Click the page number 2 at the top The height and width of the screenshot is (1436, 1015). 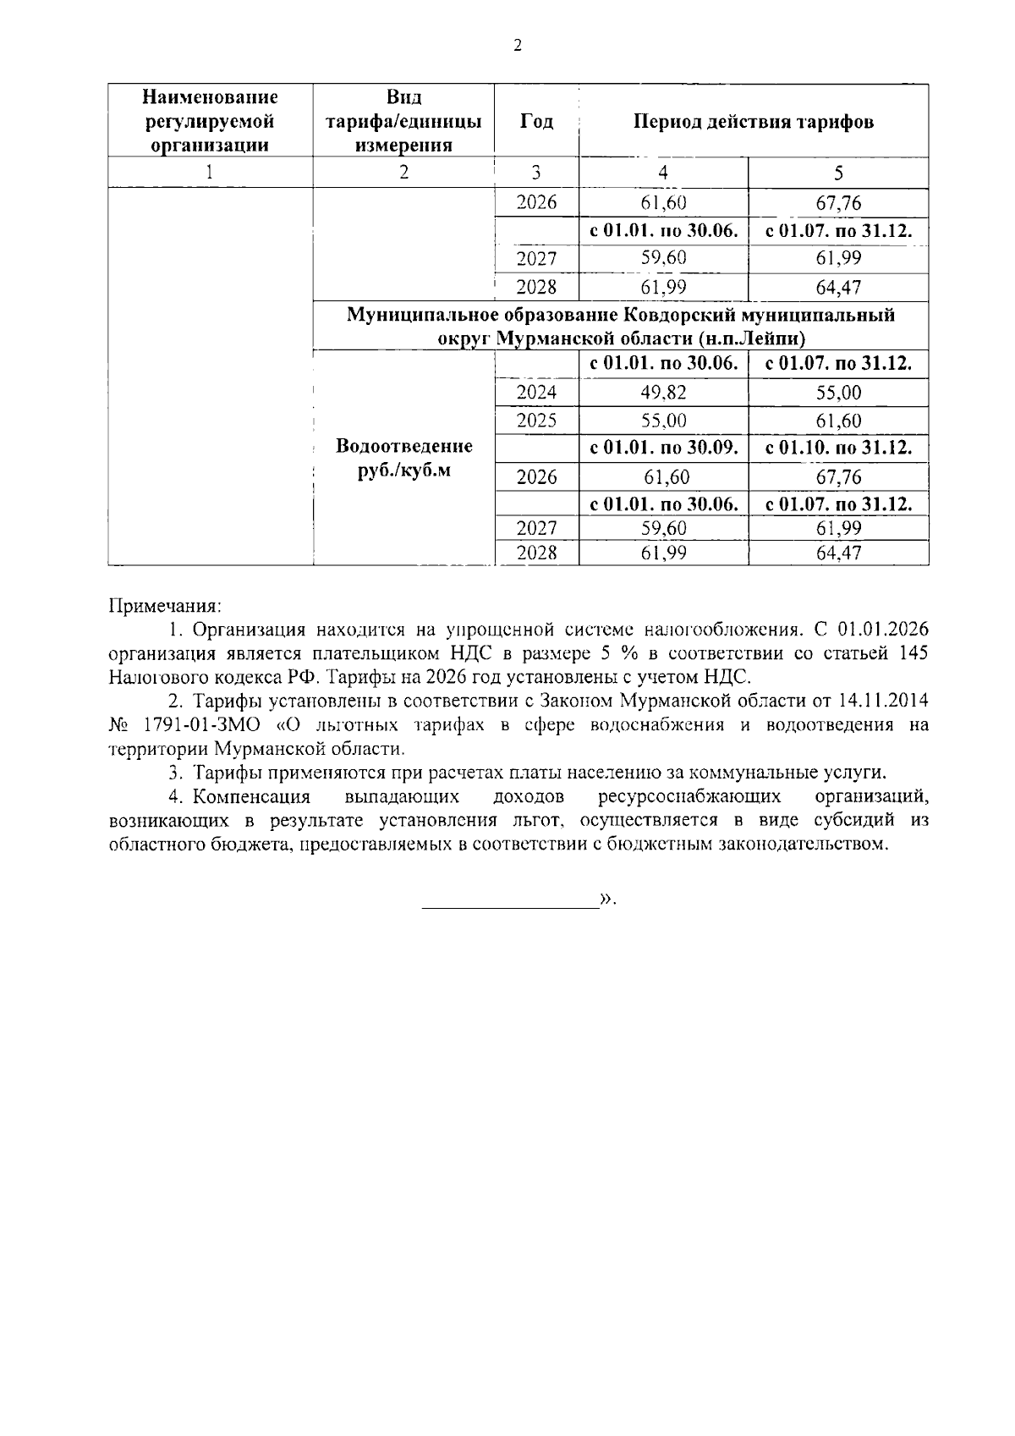[x=518, y=47]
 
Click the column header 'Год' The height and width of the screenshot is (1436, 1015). [x=536, y=121]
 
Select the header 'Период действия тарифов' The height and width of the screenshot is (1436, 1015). [x=754, y=121]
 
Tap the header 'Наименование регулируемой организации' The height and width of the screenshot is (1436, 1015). [x=210, y=121]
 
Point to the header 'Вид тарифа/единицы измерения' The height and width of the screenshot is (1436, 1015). [x=403, y=121]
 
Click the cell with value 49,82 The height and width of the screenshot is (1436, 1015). [x=663, y=393]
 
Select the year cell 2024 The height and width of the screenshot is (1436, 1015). [x=536, y=393]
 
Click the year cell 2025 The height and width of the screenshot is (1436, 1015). [x=536, y=421]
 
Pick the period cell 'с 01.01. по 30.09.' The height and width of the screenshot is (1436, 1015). [x=663, y=448]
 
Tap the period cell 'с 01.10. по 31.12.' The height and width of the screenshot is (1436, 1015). [x=838, y=448]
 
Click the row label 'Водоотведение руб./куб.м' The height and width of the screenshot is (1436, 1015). [x=403, y=458]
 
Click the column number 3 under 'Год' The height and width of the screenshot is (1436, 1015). [x=536, y=173]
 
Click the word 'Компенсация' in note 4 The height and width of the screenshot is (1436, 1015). [x=251, y=797]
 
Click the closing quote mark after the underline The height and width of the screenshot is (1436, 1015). [x=606, y=900]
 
